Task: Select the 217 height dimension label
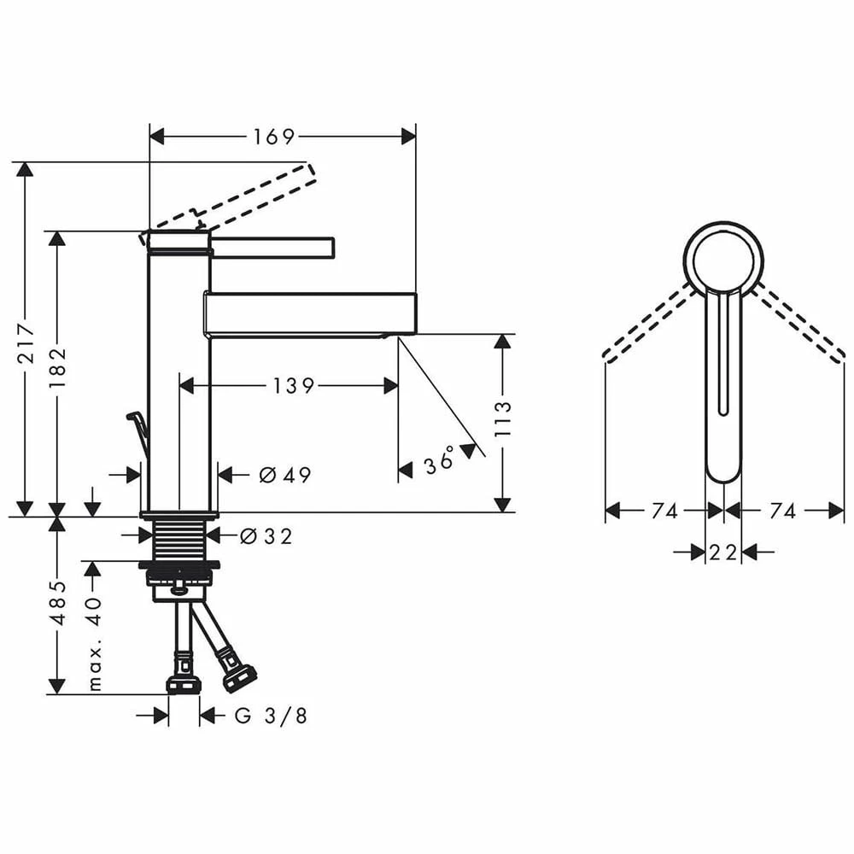28,342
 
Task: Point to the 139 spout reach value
295,386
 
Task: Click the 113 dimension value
504,418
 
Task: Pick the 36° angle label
441,465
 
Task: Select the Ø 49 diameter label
285,475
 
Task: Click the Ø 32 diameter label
266,536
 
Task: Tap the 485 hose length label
58,603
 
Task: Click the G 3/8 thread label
271,716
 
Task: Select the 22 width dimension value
722,553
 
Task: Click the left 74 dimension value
664,511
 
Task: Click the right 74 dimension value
782,511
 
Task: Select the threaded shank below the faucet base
179,541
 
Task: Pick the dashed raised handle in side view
256,195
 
